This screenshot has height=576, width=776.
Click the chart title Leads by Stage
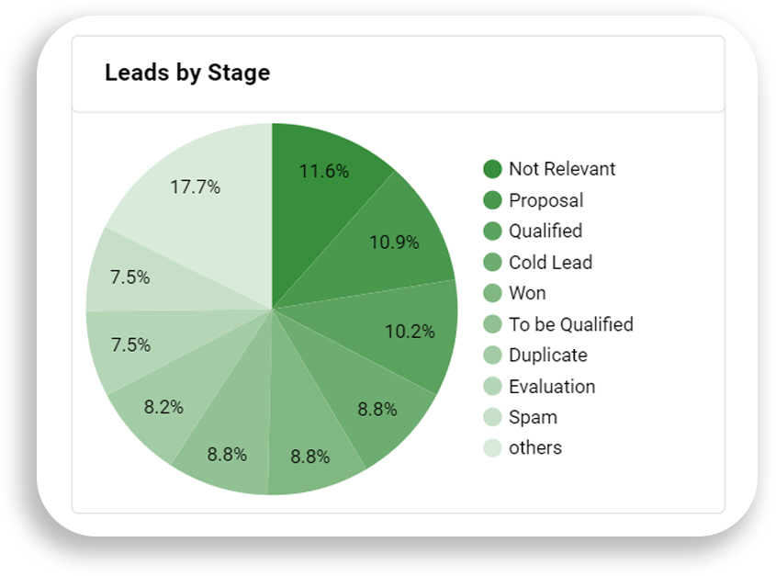point(187,73)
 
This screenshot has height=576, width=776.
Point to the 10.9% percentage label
point(394,243)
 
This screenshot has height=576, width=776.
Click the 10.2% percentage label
point(410,331)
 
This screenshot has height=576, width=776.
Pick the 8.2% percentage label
point(163,406)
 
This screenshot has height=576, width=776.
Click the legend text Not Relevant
point(562,169)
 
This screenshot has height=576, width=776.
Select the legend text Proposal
point(545,200)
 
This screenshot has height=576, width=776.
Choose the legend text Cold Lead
point(550,263)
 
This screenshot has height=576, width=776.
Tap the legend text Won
point(527,293)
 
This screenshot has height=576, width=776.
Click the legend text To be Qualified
point(570,324)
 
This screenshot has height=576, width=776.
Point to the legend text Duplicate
point(547,356)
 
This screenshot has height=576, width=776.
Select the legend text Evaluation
point(552,387)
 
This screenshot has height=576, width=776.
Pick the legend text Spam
point(533,417)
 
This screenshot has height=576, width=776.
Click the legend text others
point(534,448)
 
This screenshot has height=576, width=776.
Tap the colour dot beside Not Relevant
point(492,169)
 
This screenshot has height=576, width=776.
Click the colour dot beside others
point(492,448)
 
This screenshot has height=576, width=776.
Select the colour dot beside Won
point(492,293)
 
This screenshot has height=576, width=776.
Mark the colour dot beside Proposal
point(492,200)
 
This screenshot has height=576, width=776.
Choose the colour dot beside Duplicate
point(492,356)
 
